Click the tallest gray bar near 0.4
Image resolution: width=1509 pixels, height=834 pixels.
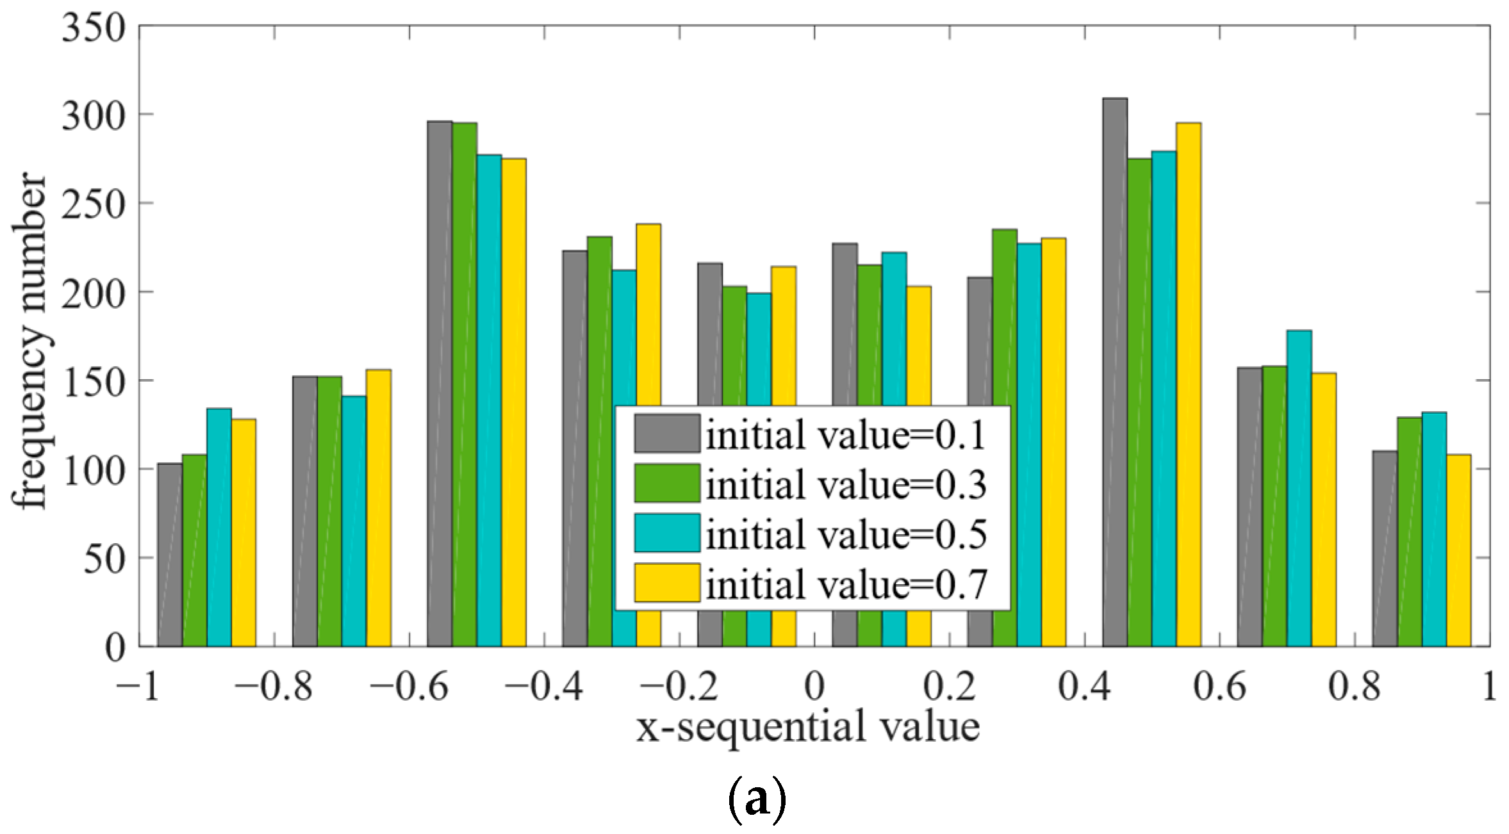[x=1115, y=372]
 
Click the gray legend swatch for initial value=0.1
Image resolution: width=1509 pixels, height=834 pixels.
[x=667, y=434]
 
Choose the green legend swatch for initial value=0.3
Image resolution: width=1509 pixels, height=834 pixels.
[x=667, y=483]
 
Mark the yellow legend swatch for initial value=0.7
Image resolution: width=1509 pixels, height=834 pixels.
[x=667, y=583]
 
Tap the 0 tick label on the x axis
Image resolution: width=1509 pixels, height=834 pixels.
[x=814, y=688]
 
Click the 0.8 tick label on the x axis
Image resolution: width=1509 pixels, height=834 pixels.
[x=1353, y=688]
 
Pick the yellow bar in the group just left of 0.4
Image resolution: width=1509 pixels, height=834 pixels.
[x=1053, y=442]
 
